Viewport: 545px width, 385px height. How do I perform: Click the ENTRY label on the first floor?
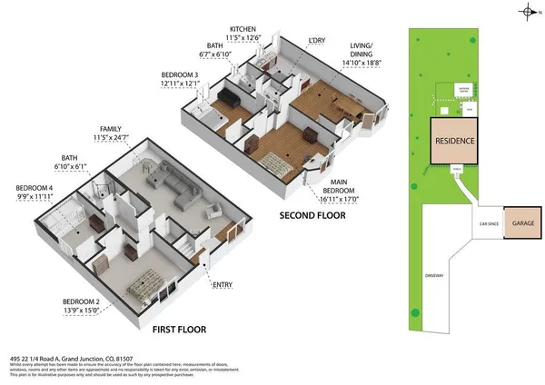pos(222,285)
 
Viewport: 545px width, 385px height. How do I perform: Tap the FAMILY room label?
pos(111,129)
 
